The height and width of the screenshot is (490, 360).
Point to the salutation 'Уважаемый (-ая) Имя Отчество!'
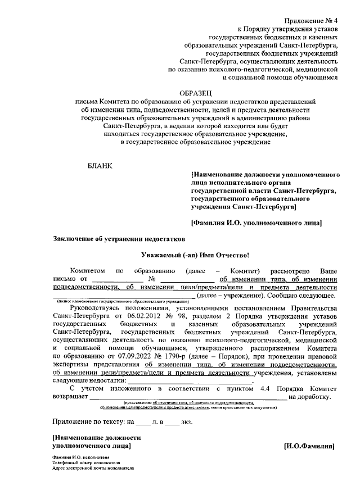pyautogui.click(x=194, y=255)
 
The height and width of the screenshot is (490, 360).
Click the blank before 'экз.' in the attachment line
pyautogui.click(x=172, y=421)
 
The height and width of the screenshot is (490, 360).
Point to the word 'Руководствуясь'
pyautogui.click(x=96, y=308)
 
